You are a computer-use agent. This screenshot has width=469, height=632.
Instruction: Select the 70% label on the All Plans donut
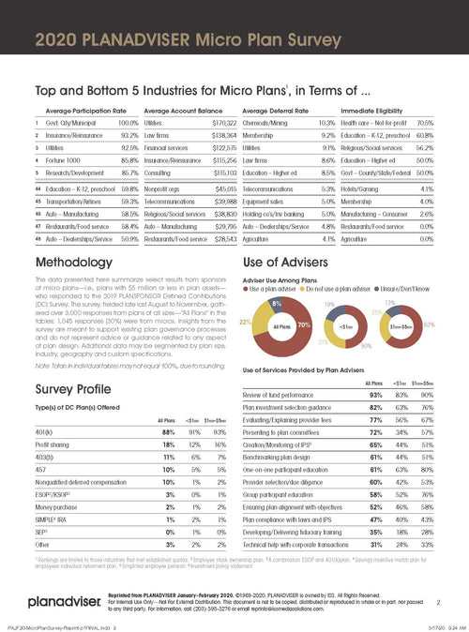pos(302,324)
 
